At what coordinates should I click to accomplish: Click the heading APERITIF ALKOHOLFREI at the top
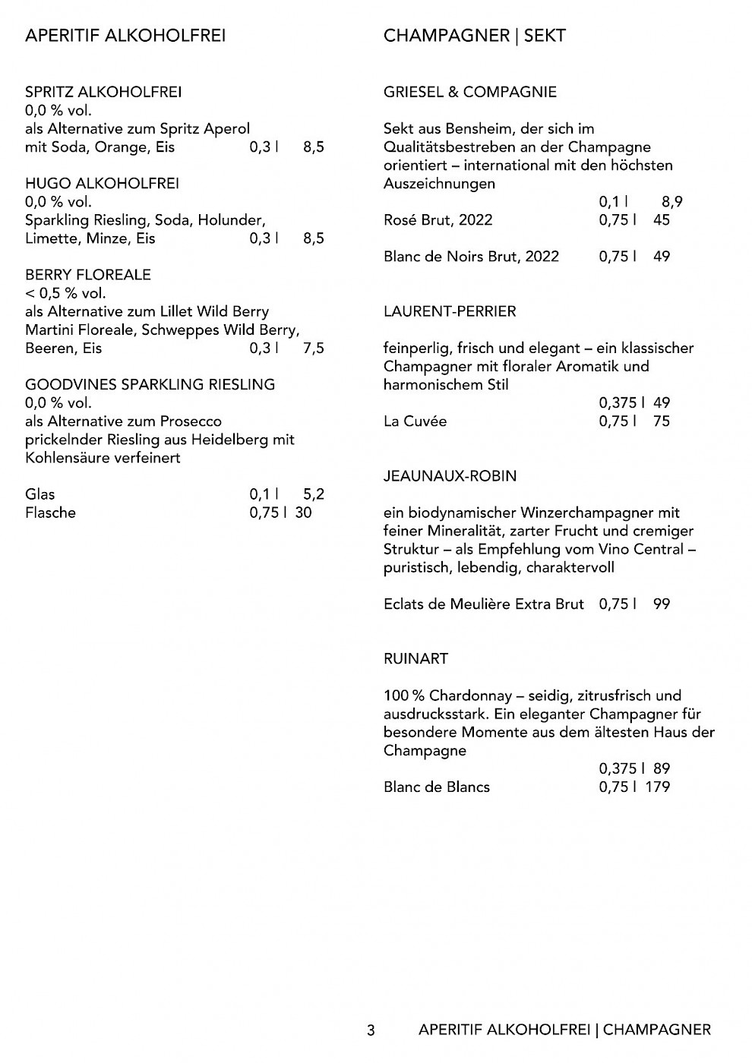tap(125, 36)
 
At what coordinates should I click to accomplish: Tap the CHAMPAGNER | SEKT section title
tap(475, 36)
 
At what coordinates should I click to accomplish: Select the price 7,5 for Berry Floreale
tap(313, 349)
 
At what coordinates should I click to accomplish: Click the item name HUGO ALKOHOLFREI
tap(102, 184)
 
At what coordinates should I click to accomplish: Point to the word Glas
tap(39, 494)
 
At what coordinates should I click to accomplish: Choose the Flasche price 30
tap(303, 513)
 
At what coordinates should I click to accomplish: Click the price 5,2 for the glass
tap(313, 494)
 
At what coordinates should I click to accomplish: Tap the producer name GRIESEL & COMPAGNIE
tap(470, 93)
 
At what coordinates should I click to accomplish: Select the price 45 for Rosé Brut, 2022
tap(661, 220)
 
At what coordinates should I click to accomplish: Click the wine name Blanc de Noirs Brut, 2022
tap(471, 257)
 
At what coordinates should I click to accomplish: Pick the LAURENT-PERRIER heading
tap(450, 311)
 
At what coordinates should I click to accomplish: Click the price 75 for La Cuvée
tap(661, 421)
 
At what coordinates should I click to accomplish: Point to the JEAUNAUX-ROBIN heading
tap(450, 476)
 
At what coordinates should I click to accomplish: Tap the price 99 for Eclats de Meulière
tap(661, 604)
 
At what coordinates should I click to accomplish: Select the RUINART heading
tap(415, 659)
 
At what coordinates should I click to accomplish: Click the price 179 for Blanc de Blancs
tap(657, 787)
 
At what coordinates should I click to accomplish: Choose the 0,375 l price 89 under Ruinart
tap(661, 768)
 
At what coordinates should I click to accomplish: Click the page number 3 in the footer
tap(371, 1030)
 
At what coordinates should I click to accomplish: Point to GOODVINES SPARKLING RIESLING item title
tap(150, 385)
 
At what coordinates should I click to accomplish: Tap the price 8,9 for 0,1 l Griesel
tap(671, 202)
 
